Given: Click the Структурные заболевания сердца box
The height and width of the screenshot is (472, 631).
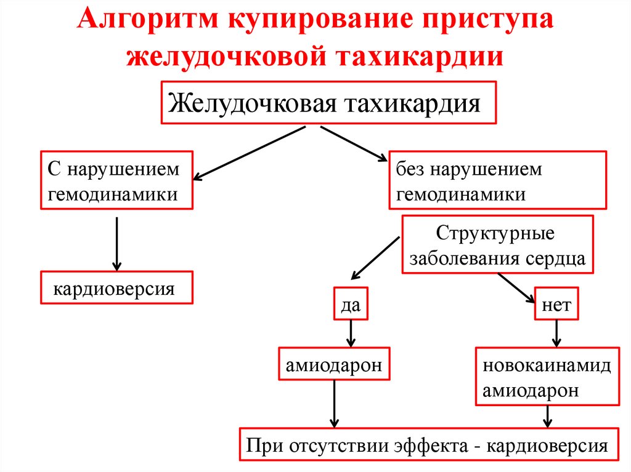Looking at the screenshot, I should [497, 245].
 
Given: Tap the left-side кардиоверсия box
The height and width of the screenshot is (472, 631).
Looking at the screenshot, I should [117, 287].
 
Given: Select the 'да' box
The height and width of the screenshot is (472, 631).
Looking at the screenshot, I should [351, 305].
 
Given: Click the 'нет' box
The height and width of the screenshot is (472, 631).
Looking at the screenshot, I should [556, 305].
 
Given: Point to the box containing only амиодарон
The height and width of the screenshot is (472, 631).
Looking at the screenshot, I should [334, 365].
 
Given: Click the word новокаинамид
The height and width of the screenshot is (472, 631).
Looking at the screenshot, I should [547, 366].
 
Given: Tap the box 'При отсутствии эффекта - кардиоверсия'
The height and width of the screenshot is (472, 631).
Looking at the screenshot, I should [428, 444].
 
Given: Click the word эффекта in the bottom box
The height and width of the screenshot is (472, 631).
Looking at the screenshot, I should [429, 445].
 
